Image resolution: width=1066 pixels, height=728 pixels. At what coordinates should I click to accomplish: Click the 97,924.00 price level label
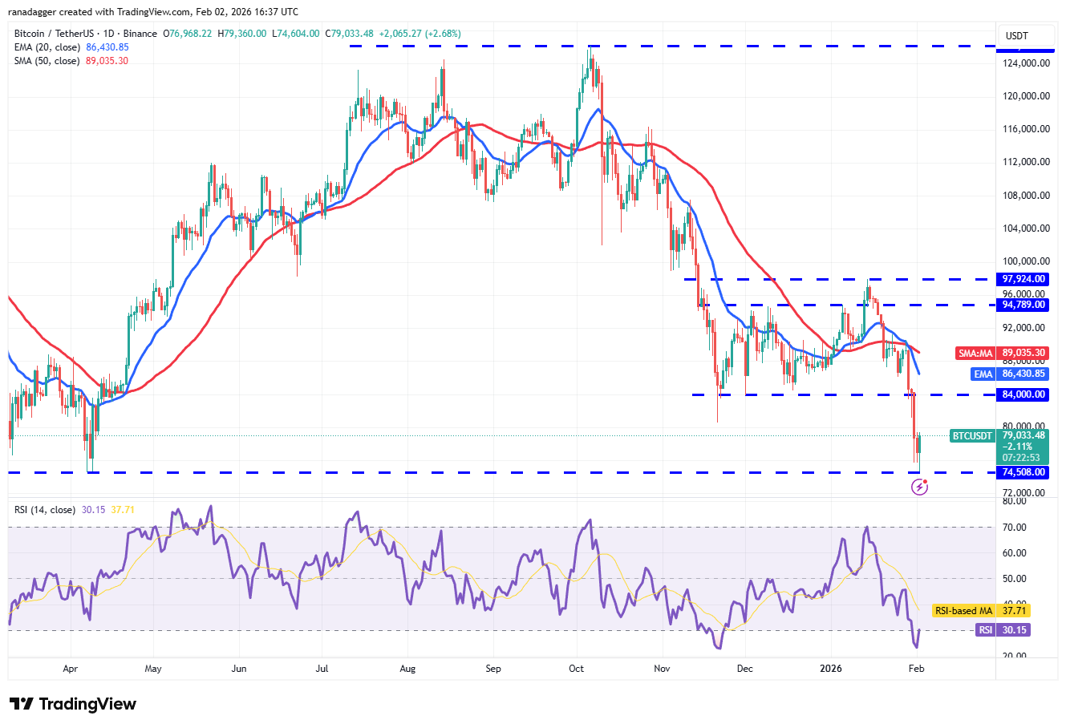click(x=1023, y=279)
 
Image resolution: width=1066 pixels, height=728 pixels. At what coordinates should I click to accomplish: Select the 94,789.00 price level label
click(x=1023, y=305)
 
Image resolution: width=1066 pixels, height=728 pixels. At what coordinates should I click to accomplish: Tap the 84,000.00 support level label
click(x=1023, y=394)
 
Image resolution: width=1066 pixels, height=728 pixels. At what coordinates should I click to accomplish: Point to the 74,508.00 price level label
click(x=1023, y=472)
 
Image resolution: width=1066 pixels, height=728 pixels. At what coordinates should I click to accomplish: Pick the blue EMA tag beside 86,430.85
click(x=983, y=374)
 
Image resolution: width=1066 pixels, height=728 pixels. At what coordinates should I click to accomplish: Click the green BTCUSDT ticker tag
click(x=972, y=436)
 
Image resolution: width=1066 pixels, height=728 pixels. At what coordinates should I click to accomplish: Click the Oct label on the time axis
click(x=576, y=669)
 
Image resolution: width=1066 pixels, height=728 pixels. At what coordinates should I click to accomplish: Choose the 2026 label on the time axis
click(x=831, y=669)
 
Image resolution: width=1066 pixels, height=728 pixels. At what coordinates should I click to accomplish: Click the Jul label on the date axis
click(x=322, y=669)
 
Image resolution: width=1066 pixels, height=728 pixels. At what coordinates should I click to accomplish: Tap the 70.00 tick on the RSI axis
click(x=1015, y=528)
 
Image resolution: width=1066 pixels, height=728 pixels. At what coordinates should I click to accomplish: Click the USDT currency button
click(x=1017, y=36)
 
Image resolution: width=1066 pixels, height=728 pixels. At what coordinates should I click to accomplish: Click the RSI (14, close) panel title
click(x=45, y=510)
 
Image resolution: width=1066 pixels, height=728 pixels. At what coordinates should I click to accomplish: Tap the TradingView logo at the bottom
click(x=73, y=704)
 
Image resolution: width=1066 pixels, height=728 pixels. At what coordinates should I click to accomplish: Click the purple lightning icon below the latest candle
click(x=920, y=487)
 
